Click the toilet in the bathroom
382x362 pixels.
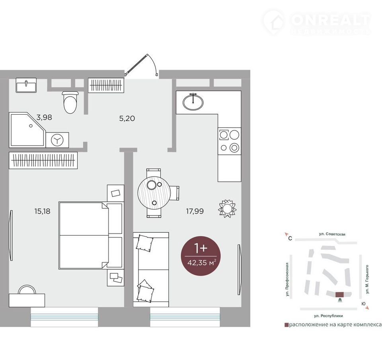[70, 102]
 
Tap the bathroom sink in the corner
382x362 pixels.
[26, 85]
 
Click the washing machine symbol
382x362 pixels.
[57, 140]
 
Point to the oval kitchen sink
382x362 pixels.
[193, 101]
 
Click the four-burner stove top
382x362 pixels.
[229, 141]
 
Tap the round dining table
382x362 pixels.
[153, 193]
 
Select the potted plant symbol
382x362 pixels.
[227, 208]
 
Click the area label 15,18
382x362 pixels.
[43, 211]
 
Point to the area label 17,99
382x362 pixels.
[195, 211]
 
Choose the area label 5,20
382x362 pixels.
[127, 119]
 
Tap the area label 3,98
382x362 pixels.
[44, 117]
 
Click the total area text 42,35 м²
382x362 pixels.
[202, 263]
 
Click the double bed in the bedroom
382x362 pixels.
[90, 235]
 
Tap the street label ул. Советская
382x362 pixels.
[332, 234]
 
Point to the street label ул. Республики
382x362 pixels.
[328, 316]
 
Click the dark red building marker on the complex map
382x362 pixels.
[339, 294]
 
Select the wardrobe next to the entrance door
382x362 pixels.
[106, 85]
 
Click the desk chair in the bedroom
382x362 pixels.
[27, 290]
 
